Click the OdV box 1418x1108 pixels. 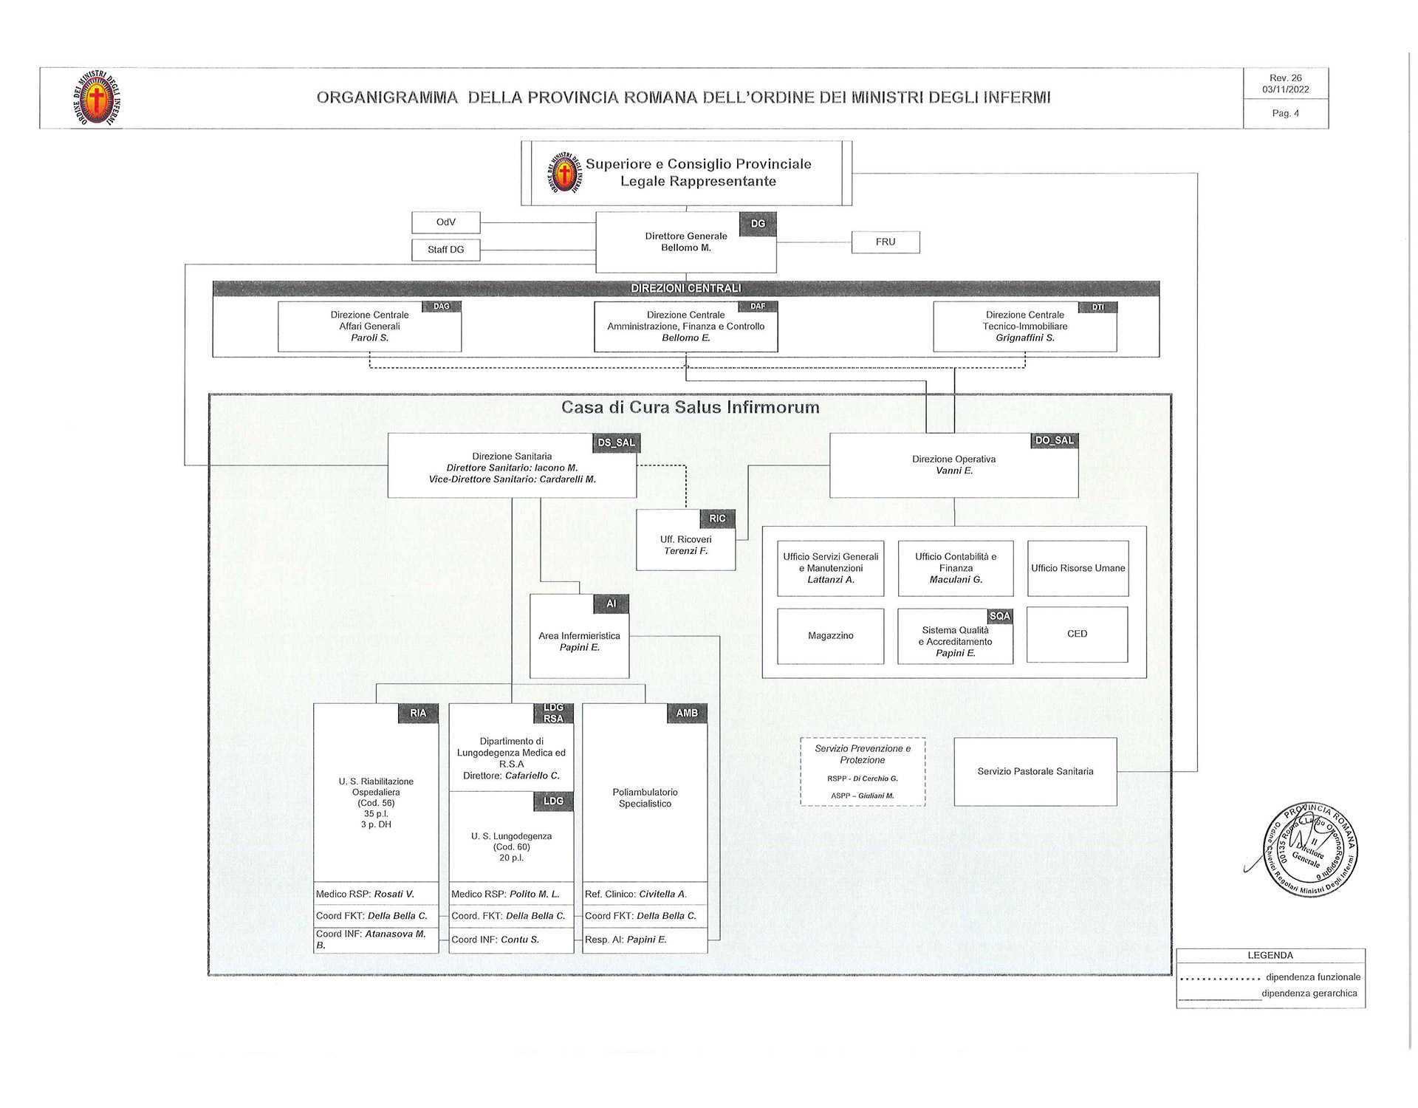445,222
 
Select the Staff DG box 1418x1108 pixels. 445,250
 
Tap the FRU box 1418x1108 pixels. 885,242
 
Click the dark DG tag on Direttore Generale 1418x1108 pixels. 758,224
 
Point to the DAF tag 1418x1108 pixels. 758,307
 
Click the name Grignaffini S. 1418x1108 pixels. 1024,338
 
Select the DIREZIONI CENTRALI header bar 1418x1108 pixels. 685,288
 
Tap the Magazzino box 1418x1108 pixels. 830,635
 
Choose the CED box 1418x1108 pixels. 1077,634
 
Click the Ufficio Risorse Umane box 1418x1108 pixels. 1078,568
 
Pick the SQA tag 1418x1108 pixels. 999,616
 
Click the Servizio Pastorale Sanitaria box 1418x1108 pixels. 1035,771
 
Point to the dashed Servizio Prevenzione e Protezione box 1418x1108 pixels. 862,771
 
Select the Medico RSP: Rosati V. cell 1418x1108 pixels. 375,894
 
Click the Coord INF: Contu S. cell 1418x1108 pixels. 511,940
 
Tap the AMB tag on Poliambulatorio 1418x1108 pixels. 687,713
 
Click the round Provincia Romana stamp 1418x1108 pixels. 1312,849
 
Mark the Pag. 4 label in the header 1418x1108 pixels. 1285,113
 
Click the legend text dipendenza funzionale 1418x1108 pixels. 1312,977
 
